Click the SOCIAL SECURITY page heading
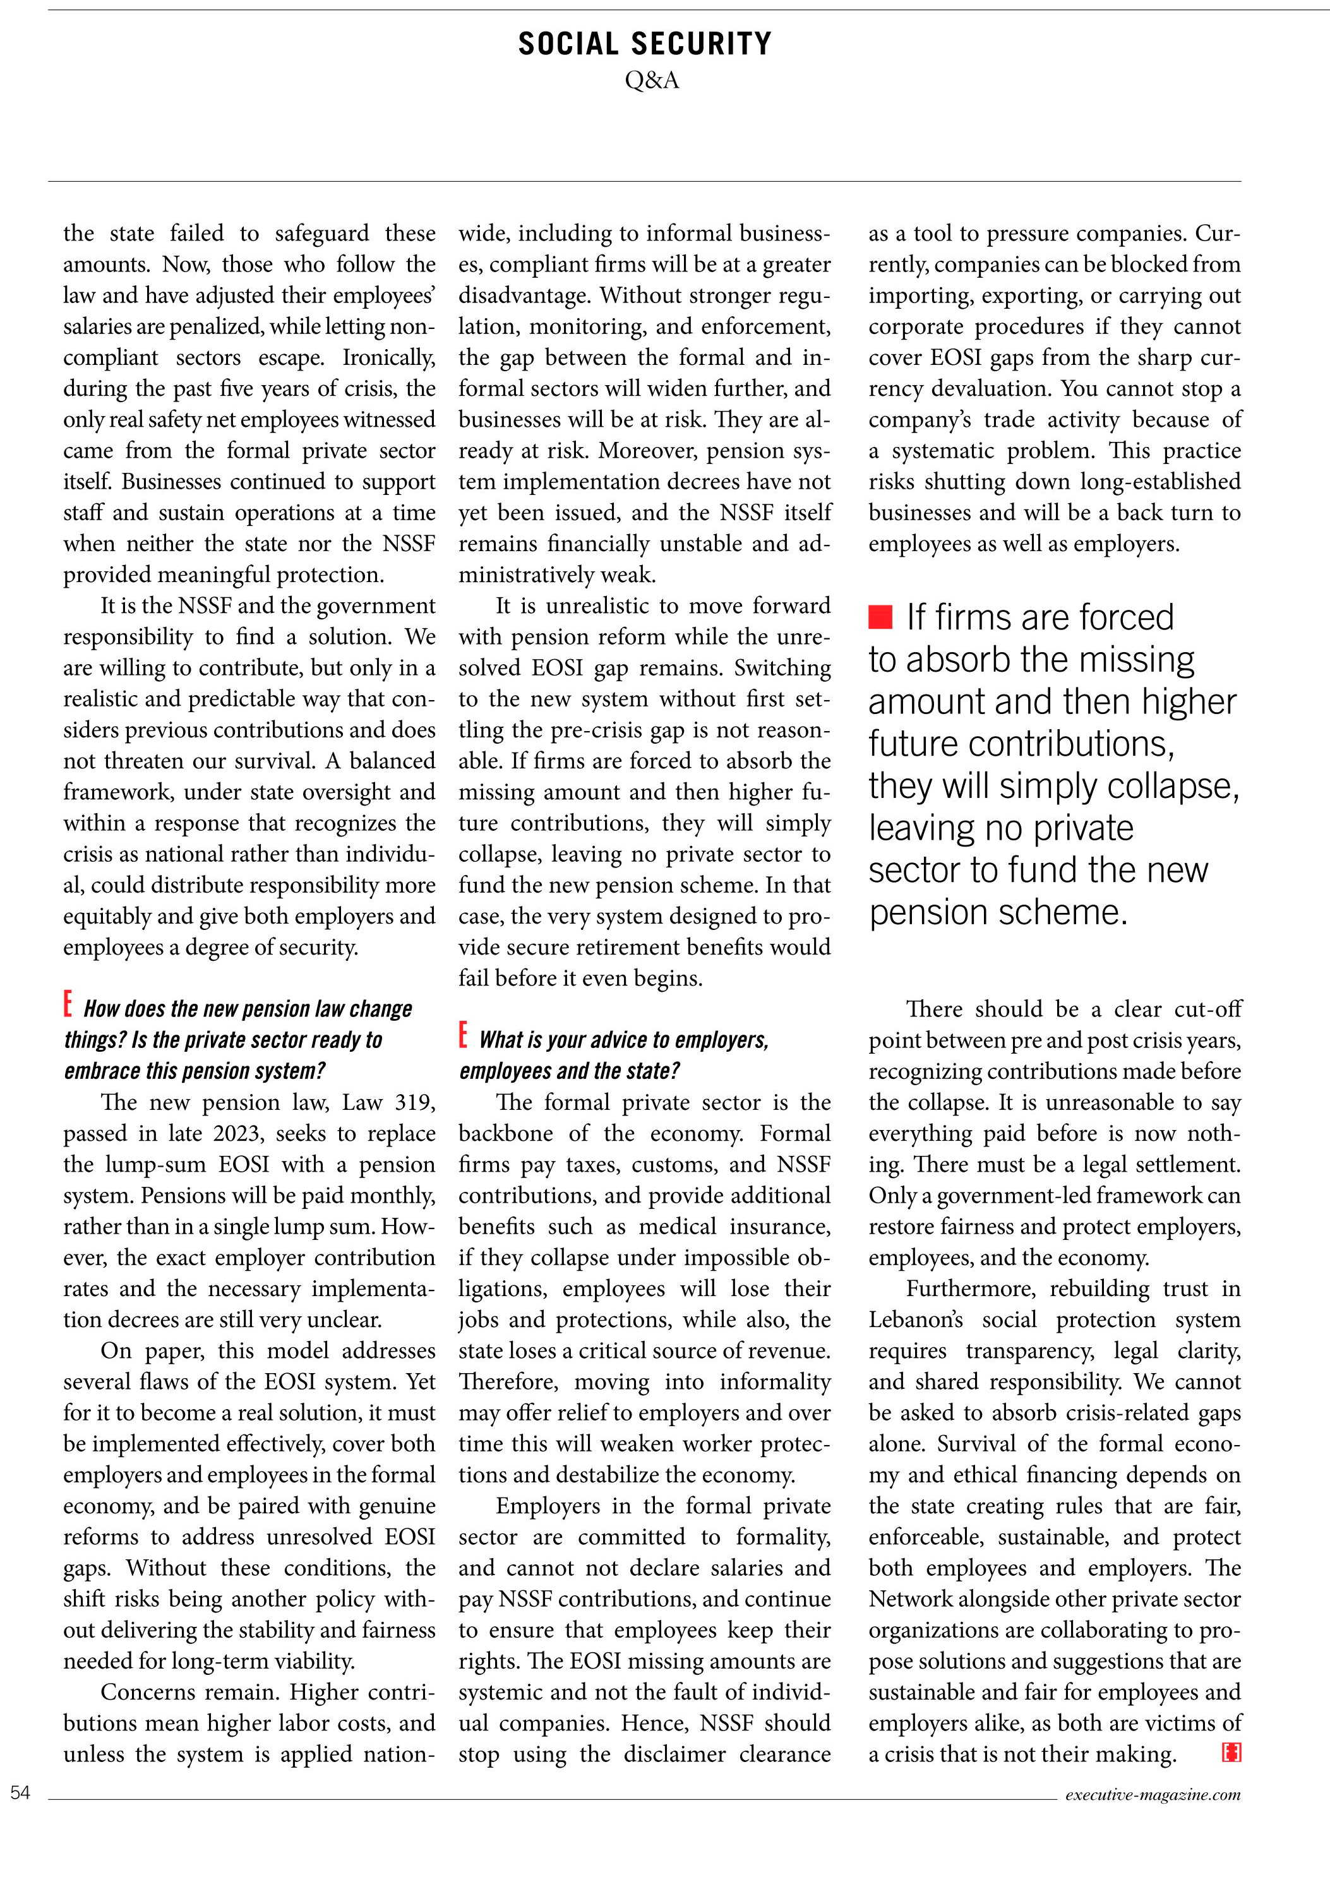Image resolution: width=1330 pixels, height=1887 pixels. pos(644,44)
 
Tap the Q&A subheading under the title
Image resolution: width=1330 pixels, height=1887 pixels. pos(652,81)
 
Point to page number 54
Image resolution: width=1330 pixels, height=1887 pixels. pos(20,1792)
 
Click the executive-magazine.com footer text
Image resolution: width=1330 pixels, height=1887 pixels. pos(1153,1794)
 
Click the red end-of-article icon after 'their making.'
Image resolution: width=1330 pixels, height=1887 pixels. pos(1231,1753)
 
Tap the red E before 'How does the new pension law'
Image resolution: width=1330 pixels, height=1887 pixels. pos(68,1004)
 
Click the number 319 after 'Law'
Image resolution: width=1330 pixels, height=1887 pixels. pos(415,1102)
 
